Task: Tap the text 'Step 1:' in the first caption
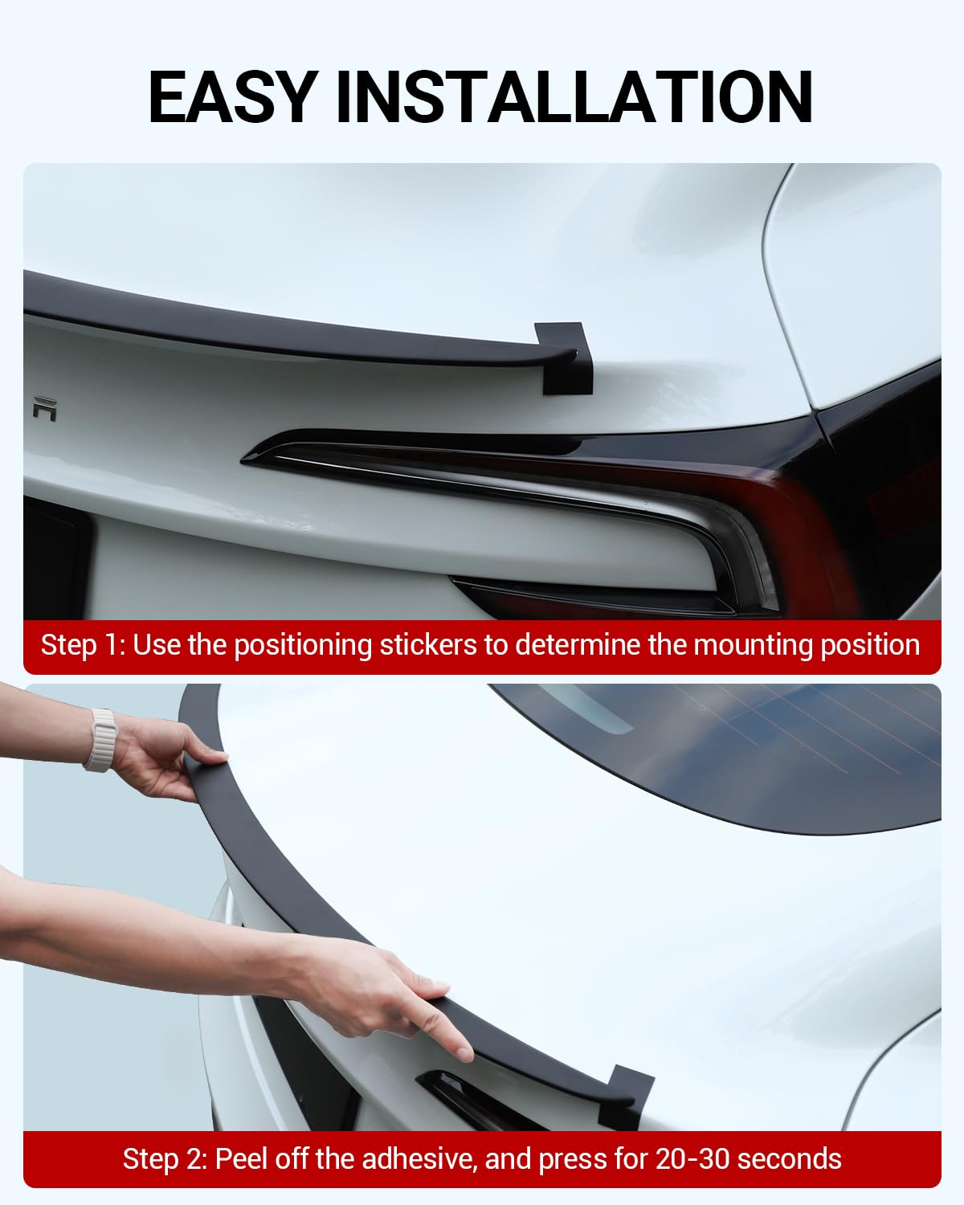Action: (83, 645)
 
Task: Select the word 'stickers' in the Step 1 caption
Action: (427, 645)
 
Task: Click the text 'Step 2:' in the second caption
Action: (165, 1159)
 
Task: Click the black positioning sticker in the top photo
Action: (567, 358)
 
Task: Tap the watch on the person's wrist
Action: (100, 740)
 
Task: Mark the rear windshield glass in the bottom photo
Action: (723, 747)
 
